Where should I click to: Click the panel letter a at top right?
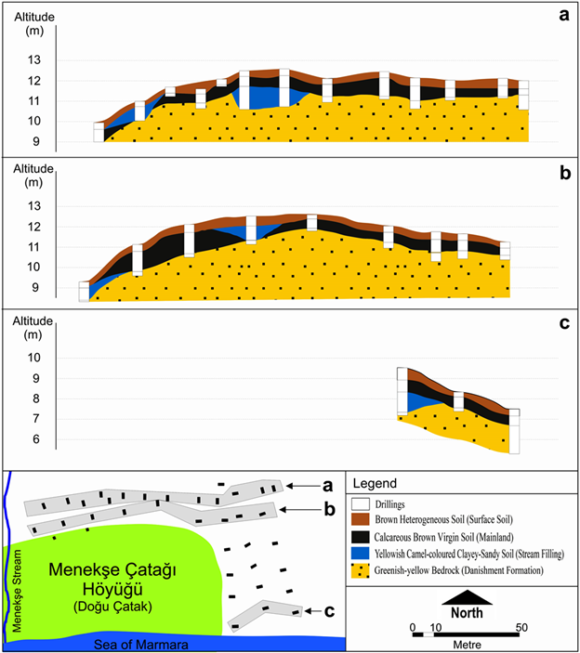tap(563, 14)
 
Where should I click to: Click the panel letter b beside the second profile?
tap(564, 172)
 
